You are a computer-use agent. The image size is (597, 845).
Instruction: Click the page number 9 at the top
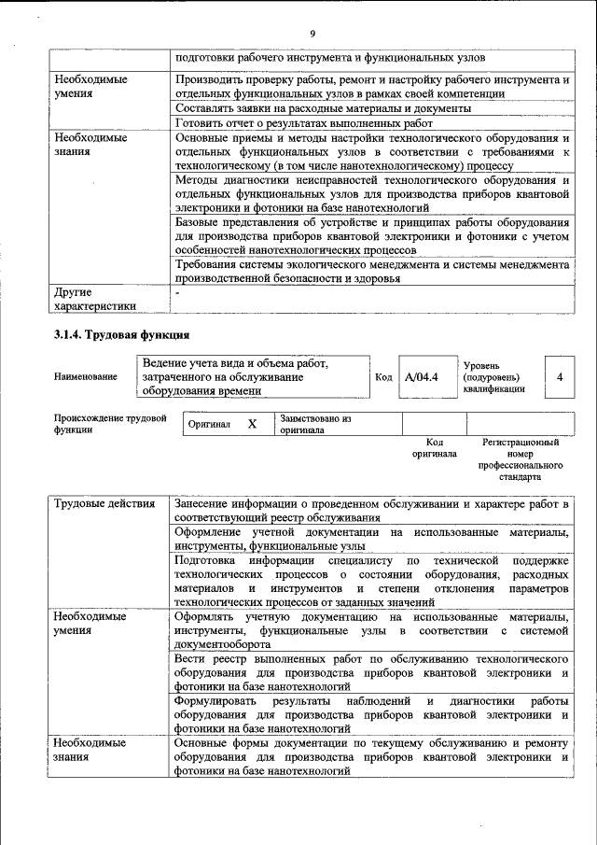click(312, 35)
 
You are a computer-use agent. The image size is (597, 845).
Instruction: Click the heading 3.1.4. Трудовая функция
click(122, 334)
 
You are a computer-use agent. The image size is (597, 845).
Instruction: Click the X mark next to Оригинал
click(252, 424)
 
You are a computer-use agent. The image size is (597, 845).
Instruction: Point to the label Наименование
click(86, 377)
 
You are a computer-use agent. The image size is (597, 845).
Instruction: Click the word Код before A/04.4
click(382, 377)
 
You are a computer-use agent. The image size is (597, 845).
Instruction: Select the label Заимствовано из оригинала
click(315, 425)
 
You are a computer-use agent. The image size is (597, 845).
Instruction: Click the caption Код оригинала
click(434, 447)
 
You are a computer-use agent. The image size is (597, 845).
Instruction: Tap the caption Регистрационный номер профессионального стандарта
click(520, 458)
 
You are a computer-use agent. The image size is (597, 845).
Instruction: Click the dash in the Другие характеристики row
click(177, 292)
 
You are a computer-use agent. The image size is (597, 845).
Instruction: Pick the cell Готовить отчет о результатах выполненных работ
click(304, 122)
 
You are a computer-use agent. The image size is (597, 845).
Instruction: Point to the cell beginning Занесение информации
click(371, 511)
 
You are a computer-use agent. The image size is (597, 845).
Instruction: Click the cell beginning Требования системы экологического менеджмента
click(371, 272)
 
